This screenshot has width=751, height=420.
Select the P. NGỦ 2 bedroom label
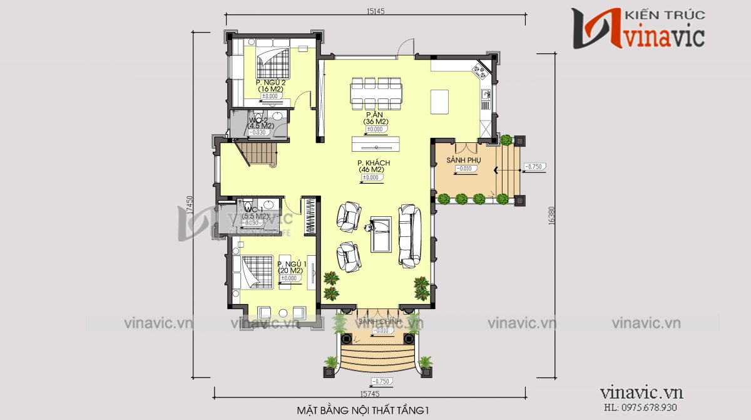tap(270, 83)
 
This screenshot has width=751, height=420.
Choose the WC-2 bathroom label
tap(259, 119)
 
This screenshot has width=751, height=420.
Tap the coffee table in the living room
tap(381, 233)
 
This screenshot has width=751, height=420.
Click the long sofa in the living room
tap(411, 233)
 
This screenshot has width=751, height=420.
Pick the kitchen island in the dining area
tap(439, 102)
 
